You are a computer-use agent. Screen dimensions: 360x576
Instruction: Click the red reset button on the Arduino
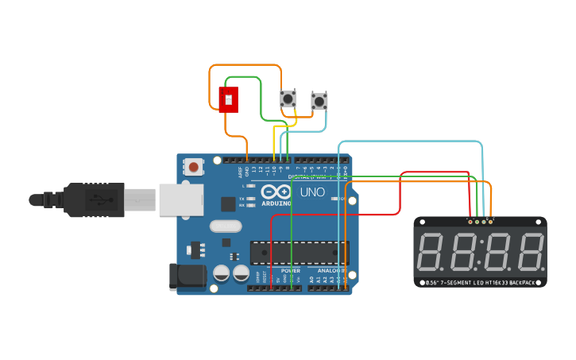point(193,167)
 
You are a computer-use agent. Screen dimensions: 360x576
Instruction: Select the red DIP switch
point(228,100)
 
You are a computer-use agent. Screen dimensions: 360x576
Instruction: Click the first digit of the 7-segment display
point(430,251)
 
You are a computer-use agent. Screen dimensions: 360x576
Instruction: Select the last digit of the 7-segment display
point(531,251)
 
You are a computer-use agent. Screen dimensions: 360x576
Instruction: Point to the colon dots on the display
point(481,251)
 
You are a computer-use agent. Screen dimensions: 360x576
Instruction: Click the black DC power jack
point(187,277)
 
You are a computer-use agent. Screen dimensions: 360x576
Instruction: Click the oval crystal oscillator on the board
point(226,226)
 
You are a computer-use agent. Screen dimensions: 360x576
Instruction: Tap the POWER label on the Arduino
point(290,271)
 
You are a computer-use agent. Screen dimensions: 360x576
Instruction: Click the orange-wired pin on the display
point(490,221)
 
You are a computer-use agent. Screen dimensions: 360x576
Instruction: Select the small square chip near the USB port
point(228,203)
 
